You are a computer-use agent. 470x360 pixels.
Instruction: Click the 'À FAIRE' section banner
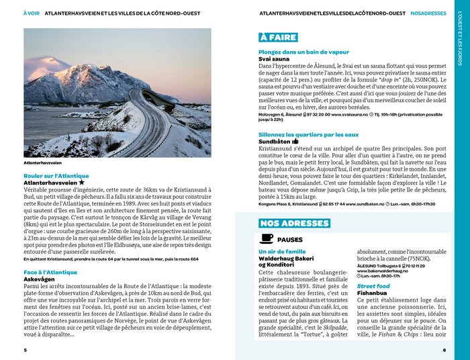[278, 38]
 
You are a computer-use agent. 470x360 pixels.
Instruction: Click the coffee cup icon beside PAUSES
[267, 239]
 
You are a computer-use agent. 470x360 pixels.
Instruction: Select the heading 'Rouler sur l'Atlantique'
[52, 176]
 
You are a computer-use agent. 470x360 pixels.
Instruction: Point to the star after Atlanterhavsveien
[82, 183]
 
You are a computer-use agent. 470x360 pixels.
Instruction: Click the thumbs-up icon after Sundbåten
[295, 142]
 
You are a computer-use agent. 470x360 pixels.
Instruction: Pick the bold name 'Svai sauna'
[273, 59]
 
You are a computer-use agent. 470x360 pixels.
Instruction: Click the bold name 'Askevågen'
[40, 279]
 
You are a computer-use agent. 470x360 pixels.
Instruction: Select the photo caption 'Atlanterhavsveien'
[42, 163]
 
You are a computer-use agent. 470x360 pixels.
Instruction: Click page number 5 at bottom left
[25, 350]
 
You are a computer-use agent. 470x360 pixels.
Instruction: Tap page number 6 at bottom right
[444, 350]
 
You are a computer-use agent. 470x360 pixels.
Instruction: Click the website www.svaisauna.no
[349, 115]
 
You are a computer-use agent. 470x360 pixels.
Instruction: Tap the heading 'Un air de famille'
[281, 251]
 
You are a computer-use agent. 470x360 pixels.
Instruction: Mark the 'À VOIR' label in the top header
[31, 13]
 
